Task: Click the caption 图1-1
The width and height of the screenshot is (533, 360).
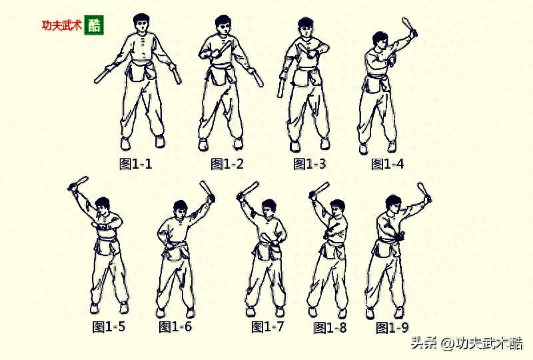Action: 136,164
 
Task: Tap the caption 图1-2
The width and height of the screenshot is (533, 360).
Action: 227,164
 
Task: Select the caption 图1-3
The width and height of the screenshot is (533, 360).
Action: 310,164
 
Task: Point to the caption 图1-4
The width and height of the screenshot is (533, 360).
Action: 388,164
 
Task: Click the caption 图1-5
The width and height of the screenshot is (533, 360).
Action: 109,327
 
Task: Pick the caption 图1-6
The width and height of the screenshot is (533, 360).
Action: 175,327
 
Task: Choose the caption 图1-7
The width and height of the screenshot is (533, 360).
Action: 268,327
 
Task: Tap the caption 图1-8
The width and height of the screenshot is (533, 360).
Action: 330,328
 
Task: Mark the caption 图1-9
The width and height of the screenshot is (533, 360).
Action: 392,328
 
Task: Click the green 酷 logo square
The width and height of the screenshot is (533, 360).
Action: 94,25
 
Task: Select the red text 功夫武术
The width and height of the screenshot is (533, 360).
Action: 62,25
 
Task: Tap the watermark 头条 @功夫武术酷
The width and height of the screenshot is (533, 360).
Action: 467,343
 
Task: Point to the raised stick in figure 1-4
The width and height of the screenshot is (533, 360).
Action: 410,27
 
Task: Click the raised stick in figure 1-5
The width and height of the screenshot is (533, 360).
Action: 78,183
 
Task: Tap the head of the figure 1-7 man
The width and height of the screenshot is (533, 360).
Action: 269,209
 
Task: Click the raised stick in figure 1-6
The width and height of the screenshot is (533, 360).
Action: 207,191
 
